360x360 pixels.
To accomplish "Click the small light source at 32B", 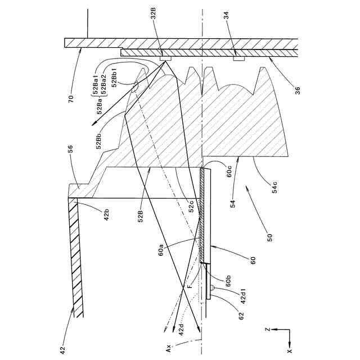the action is click(165, 58).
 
